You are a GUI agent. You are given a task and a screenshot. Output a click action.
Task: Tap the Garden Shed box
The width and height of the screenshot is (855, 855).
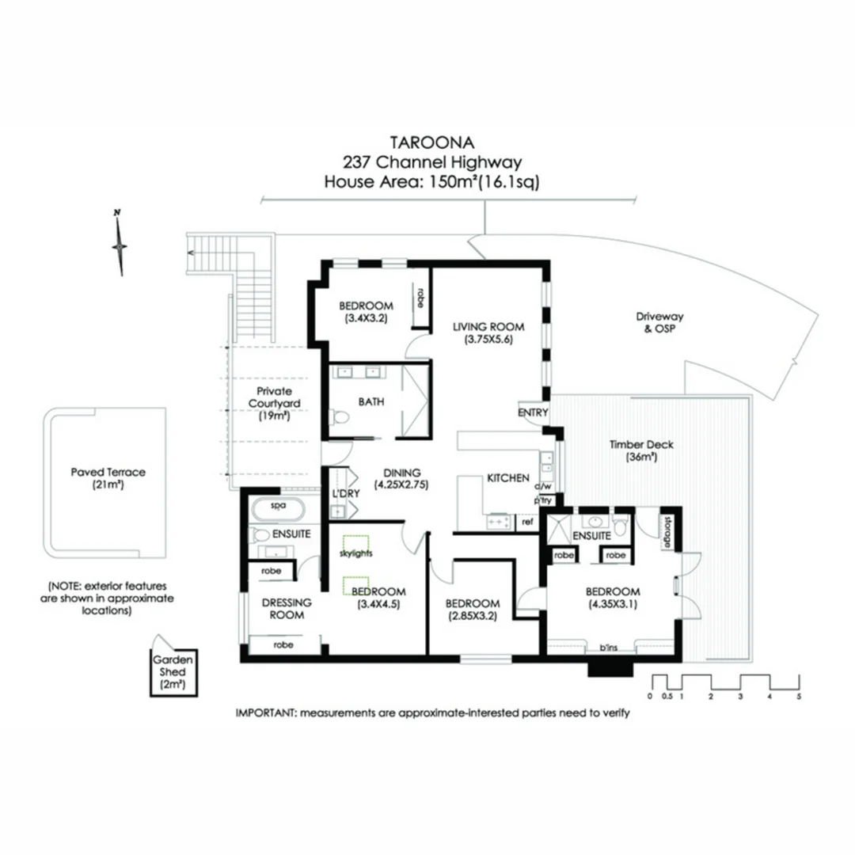(169, 672)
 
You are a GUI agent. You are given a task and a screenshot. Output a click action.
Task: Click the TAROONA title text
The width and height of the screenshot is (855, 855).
(431, 142)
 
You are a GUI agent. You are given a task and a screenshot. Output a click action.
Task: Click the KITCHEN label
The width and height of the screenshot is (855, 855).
(507, 479)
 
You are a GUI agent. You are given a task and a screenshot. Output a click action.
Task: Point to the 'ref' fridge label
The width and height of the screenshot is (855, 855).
(526, 522)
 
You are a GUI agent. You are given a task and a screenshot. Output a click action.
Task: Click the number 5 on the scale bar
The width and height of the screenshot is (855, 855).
(799, 697)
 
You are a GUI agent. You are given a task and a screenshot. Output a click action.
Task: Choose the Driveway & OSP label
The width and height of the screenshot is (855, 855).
(659, 322)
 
